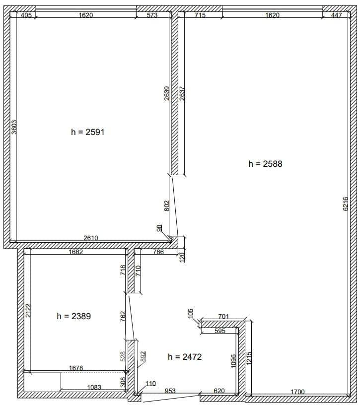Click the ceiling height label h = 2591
click(x=87, y=132)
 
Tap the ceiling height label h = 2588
click(x=265, y=164)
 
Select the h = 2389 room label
click(x=74, y=316)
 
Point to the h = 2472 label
click(x=185, y=357)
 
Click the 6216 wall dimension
click(x=346, y=204)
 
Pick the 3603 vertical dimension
click(x=14, y=127)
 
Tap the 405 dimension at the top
click(x=26, y=15)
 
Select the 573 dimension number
click(x=152, y=15)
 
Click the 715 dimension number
click(x=200, y=15)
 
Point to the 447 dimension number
click(x=337, y=15)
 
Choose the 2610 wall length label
click(x=91, y=238)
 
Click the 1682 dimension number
click(x=75, y=252)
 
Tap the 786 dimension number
click(x=158, y=252)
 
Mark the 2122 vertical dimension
click(x=28, y=310)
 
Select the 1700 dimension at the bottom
click(x=297, y=392)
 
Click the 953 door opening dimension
click(x=170, y=391)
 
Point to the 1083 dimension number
click(x=94, y=387)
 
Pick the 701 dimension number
click(x=223, y=316)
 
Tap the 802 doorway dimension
click(x=166, y=206)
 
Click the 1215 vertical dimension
click(x=249, y=358)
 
